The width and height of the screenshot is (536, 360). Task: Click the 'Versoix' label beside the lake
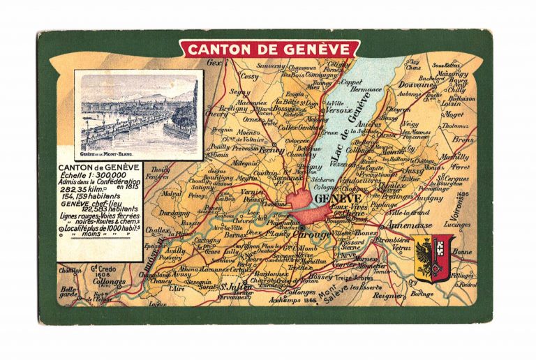click(338, 108)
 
